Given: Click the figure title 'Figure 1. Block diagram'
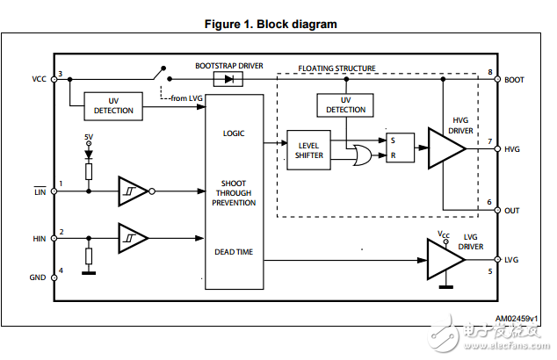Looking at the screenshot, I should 271,25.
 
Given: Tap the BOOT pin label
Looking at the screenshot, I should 515,79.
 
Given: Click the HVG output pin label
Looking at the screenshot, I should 514,149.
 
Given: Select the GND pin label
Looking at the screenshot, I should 38,277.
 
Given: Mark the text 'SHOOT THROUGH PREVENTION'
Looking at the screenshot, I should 234,193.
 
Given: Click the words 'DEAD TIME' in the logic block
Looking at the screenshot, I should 234,252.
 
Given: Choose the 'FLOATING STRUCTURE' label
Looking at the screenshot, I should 337,68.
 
